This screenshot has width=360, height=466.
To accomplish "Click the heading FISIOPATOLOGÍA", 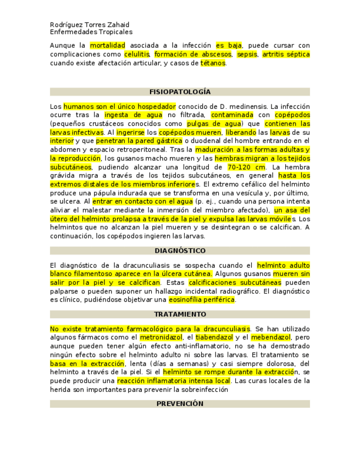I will (180, 92).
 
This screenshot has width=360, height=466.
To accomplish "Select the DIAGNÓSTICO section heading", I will (180, 251).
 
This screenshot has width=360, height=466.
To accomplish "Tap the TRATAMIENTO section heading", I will (180, 314).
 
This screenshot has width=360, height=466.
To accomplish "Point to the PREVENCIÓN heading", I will (180, 403).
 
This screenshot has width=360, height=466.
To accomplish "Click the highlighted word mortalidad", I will (108, 46).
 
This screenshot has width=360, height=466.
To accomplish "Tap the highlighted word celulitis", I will (137, 54).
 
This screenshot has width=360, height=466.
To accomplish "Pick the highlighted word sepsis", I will (247, 54).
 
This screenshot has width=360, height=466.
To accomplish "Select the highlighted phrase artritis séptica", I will (286, 54).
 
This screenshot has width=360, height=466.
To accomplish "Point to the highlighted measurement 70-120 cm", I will (247, 167).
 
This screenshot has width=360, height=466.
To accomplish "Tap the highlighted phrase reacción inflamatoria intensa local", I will (174, 381).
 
